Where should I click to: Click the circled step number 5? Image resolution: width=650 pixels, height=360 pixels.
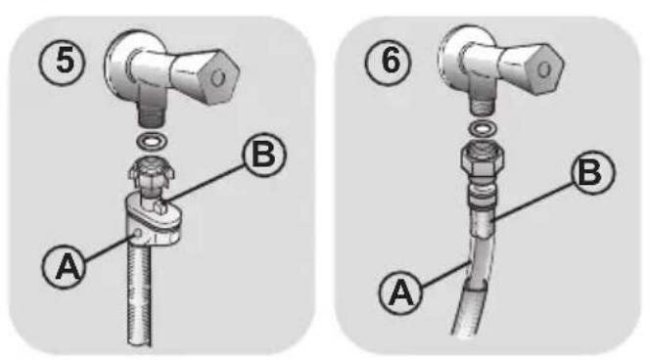[x=63, y=63]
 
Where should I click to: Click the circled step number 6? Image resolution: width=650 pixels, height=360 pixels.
[x=388, y=63]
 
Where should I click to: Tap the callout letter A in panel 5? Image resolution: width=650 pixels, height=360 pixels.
[x=64, y=266]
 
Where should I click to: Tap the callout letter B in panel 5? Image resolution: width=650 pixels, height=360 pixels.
[x=264, y=155]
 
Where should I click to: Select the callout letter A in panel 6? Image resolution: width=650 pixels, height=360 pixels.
[x=400, y=292]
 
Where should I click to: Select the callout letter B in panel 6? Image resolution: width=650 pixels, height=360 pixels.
[x=593, y=172]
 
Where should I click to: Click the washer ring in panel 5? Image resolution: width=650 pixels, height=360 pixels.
[x=152, y=141]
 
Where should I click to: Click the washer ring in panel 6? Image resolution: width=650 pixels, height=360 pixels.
[x=482, y=128]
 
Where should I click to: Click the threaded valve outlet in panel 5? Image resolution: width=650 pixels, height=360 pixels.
[x=150, y=116]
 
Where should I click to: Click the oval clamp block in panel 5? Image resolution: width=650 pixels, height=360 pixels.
[x=154, y=219]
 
